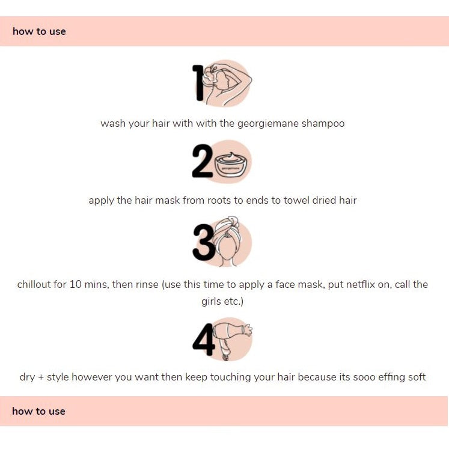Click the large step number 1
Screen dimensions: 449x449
point(198,83)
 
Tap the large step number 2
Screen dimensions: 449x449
point(203,161)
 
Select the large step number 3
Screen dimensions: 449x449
point(204,242)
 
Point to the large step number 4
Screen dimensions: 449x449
point(204,340)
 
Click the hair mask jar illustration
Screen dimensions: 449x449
point(231,165)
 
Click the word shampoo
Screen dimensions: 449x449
point(323,124)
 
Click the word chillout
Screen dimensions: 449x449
point(34,284)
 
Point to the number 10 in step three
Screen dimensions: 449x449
point(76,284)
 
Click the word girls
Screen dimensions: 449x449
point(209,302)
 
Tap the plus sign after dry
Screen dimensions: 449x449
point(41,377)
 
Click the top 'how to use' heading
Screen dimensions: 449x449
point(39,31)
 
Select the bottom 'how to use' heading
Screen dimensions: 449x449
point(38,411)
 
